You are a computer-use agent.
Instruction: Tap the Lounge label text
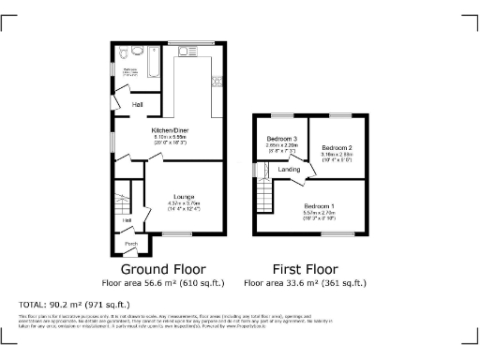click(x=184, y=195)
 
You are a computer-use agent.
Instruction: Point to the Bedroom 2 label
click(x=337, y=148)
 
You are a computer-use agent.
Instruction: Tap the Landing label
click(x=290, y=170)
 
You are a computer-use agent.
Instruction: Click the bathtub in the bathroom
click(x=156, y=57)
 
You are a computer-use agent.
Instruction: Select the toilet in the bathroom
click(x=137, y=52)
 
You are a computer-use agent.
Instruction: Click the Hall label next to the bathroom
click(x=137, y=104)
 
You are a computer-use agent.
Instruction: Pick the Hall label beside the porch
click(x=127, y=220)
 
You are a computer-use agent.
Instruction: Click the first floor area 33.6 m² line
click(x=306, y=282)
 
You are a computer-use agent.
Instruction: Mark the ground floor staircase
click(x=120, y=201)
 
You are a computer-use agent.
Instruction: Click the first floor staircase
click(x=265, y=194)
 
